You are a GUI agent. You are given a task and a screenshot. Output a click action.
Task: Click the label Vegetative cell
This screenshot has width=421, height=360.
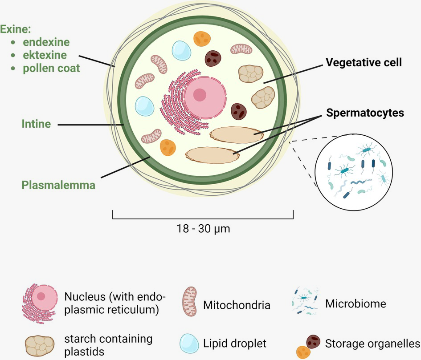tap(364, 63)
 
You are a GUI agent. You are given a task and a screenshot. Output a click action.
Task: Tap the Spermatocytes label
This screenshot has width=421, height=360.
tap(365, 113)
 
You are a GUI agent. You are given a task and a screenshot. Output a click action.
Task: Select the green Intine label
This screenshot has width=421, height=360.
tap(36, 124)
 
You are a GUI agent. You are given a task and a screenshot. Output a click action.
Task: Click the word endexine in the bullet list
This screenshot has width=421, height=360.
tap(47, 42)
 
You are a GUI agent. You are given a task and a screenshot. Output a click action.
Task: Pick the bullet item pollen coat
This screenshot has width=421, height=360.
tap(52, 69)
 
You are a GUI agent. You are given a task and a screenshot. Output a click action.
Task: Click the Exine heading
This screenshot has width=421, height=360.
tap(16, 29)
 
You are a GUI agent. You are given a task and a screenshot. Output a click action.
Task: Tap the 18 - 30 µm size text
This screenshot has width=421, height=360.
tap(203, 229)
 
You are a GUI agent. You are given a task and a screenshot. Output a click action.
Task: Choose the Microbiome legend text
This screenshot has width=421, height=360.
tap(356, 304)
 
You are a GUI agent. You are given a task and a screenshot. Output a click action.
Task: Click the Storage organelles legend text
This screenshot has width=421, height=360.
tap(372, 344)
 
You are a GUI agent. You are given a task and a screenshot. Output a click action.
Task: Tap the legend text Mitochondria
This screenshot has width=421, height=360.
tap(237, 305)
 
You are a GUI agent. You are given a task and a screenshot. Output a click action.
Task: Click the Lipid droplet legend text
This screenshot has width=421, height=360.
tap(235, 344)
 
